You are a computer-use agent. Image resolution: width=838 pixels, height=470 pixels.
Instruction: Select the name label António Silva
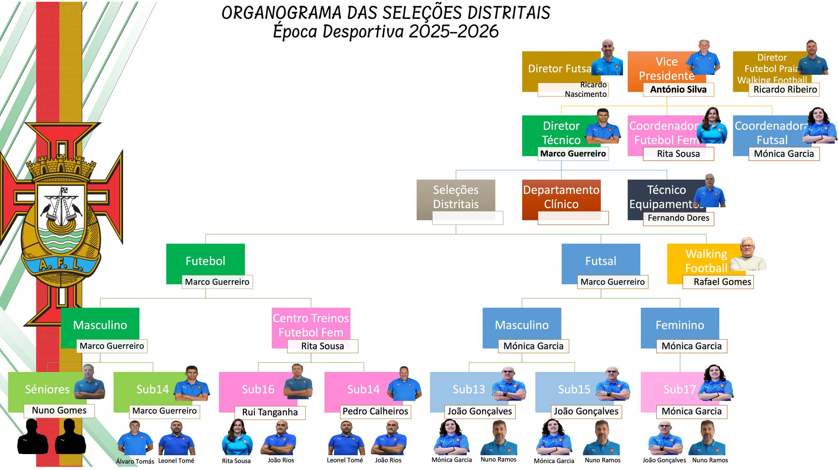[x=678, y=90]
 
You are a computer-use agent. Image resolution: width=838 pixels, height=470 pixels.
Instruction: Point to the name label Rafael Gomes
[x=718, y=282]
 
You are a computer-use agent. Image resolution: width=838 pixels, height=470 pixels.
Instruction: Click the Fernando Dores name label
[x=678, y=218]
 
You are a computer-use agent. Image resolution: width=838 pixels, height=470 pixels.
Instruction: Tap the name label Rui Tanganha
[x=270, y=412]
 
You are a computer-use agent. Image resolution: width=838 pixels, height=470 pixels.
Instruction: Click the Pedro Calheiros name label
[x=375, y=412]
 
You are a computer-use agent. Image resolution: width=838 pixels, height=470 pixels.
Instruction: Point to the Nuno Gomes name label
[x=59, y=411]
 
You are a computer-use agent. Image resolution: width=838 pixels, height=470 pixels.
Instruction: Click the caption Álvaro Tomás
[x=135, y=461]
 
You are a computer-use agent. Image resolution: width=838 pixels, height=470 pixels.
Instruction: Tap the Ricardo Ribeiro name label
[x=784, y=90]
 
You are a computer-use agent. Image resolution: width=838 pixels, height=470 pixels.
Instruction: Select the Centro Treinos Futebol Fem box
[x=311, y=325]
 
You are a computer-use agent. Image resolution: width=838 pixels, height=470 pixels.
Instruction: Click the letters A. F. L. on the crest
[x=61, y=265]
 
